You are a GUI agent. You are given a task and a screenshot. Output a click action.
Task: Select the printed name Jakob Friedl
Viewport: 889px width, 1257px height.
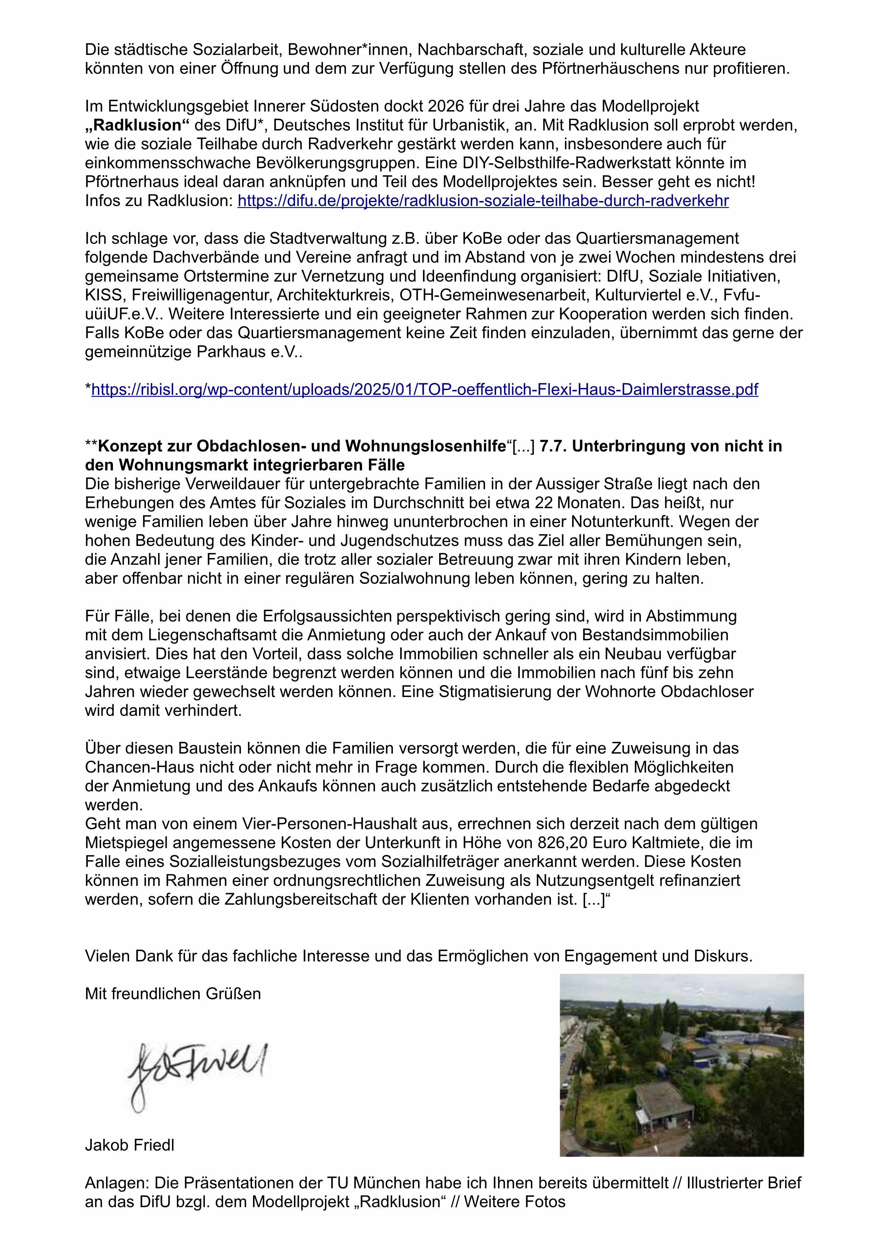pos(129,1145)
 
